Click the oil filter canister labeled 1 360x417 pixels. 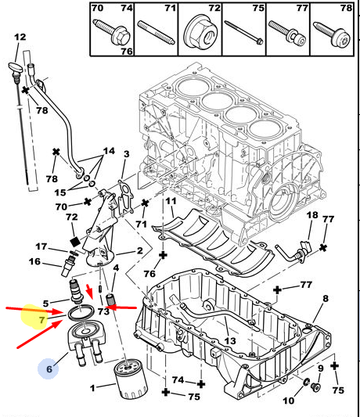pos(131,379)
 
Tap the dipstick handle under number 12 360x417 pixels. pos(16,67)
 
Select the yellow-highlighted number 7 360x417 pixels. pos(41,320)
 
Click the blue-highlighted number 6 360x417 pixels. pos(49,368)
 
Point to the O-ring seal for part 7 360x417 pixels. pos(81,313)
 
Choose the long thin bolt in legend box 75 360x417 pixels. pos(243,32)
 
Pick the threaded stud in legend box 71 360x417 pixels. pos(157,33)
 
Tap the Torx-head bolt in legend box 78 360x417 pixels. pos(332,35)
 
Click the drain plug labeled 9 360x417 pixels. pos(315,387)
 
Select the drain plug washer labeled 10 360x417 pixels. pos(306,382)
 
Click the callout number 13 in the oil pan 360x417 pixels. pos(230,340)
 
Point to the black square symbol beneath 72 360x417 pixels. pos(75,242)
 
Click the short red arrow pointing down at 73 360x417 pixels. pos(90,292)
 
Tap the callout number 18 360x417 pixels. pos(312,215)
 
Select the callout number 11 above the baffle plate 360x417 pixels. pos(171,201)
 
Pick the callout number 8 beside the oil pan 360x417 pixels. pos(326,298)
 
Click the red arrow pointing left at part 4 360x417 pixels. pos(123,307)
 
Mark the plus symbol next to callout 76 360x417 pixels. pos(163,255)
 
